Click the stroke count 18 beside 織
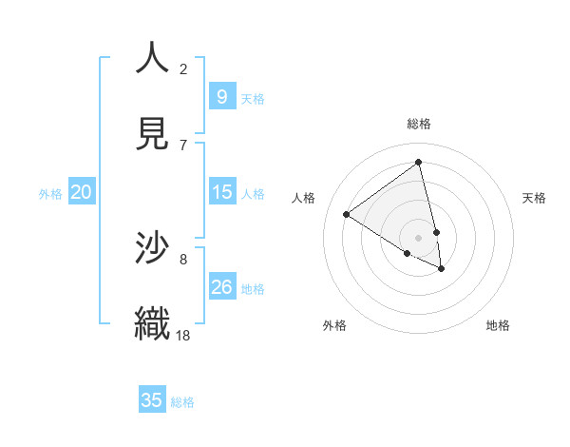point(183,335)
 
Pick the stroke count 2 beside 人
point(183,68)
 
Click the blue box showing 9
point(221,96)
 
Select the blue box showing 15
point(221,192)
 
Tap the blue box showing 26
point(221,286)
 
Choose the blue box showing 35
point(152,400)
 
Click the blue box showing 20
point(81,192)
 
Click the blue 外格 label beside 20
point(50,193)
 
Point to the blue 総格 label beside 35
point(182,402)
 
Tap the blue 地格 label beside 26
point(253,288)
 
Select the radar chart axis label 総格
point(419,124)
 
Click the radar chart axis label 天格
point(535,198)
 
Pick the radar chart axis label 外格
point(334,325)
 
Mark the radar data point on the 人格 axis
point(346,214)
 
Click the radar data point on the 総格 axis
point(419,163)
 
